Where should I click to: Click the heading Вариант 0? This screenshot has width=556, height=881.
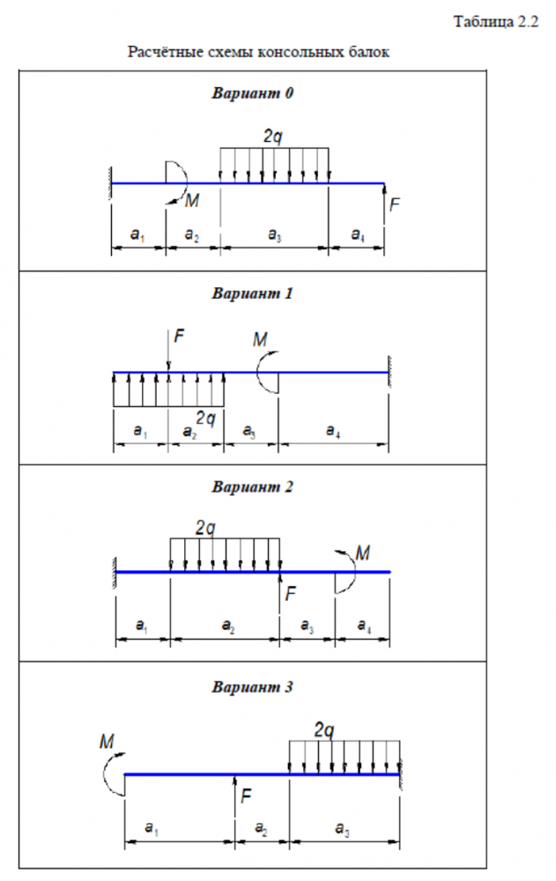(x=252, y=93)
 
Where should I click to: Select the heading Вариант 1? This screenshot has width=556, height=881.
(x=252, y=293)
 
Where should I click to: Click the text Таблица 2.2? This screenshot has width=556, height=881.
(x=494, y=22)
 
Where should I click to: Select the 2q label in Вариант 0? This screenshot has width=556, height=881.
(x=273, y=137)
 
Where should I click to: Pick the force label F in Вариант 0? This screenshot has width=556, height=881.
(x=395, y=204)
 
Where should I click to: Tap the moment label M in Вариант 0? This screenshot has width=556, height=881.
(x=192, y=202)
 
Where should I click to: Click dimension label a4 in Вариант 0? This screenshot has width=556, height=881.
(x=357, y=234)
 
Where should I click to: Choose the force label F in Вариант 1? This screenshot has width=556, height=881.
(x=180, y=336)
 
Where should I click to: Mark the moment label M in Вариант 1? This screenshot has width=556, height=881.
(x=261, y=340)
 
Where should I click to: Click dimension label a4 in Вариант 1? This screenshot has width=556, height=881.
(x=332, y=431)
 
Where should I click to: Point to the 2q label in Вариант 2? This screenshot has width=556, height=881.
(x=205, y=528)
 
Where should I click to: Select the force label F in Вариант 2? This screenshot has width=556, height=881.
(x=292, y=593)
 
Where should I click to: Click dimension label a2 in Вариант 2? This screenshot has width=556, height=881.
(x=226, y=626)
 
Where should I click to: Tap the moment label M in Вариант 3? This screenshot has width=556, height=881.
(x=107, y=744)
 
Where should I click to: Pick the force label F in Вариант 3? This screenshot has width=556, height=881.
(x=247, y=796)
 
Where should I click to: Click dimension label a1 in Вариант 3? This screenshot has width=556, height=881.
(x=151, y=830)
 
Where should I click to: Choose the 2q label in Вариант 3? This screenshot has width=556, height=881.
(x=324, y=729)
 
